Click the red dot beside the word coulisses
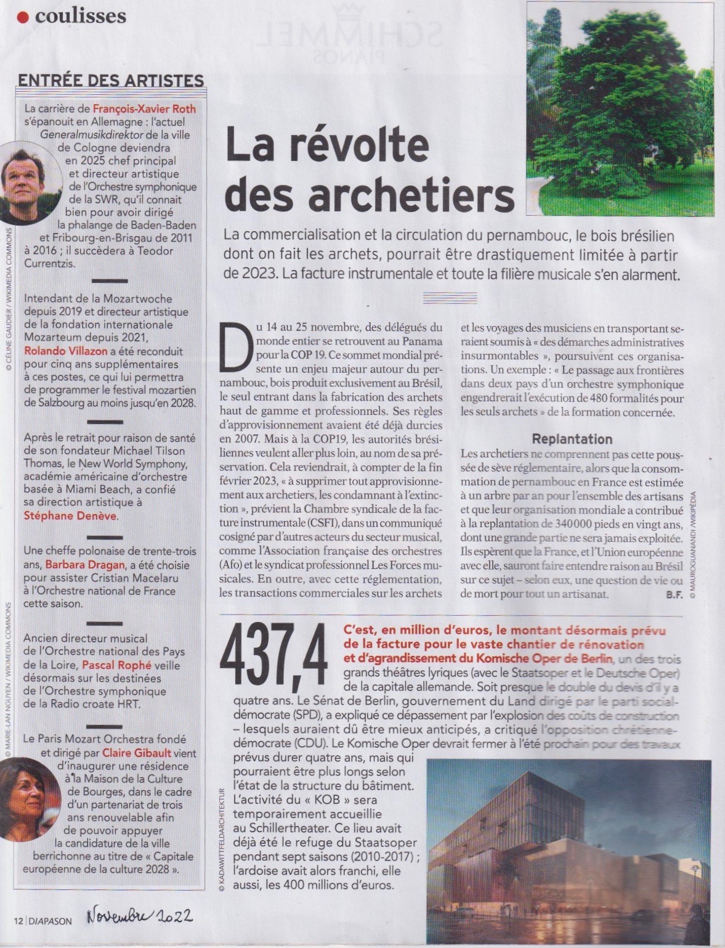[x=23, y=17]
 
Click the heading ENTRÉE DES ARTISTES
[x=111, y=81]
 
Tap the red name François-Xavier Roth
[x=144, y=110]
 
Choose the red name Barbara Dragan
[x=87, y=565]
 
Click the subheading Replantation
[x=572, y=439]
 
